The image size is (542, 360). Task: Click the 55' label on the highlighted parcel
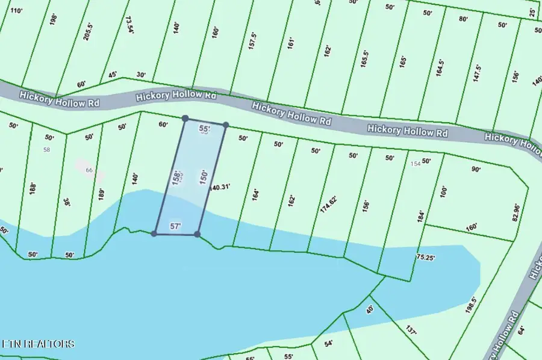pos(204,129)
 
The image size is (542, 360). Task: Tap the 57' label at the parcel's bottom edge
pos(176,226)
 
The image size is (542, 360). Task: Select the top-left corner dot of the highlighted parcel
pos(185,119)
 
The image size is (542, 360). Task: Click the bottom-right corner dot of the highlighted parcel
pos(197,234)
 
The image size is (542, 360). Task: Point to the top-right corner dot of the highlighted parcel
pos(225,125)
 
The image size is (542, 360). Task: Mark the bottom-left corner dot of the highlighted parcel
pos(154,234)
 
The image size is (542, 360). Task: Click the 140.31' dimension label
pos(221,187)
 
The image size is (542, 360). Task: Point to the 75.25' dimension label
pos(426,257)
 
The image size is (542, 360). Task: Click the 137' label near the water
pos(411,332)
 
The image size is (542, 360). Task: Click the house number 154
pos(415,164)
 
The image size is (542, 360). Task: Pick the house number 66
pos(89,170)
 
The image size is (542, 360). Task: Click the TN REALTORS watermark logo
pos(39,344)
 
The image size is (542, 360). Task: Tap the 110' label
pos(16,11)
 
